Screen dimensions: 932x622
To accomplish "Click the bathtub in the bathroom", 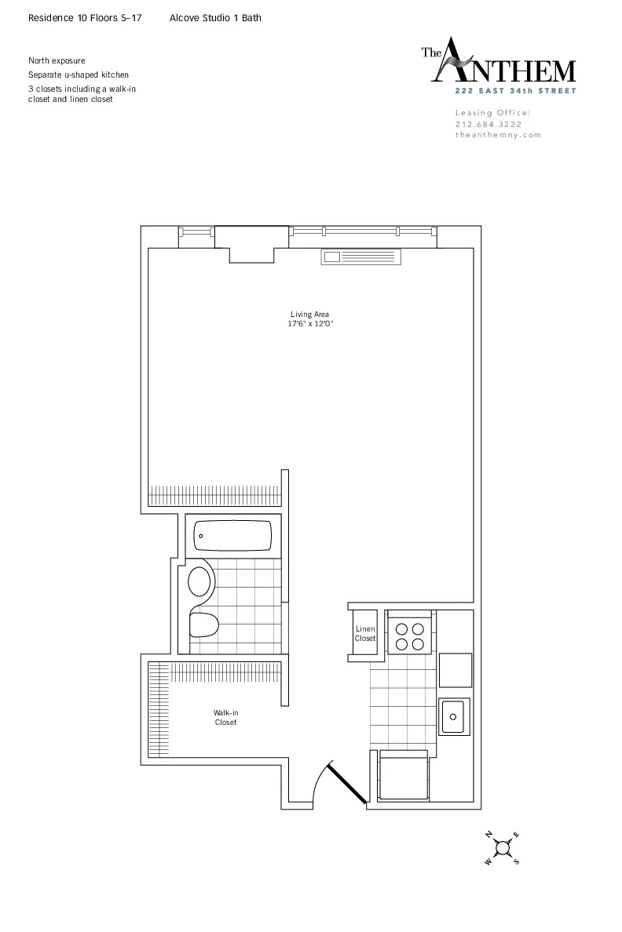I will click(x=232, y=537).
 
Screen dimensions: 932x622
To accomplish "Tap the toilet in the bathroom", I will click(x=204, y=625).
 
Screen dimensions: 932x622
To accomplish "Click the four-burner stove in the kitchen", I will click(x=409, y=635).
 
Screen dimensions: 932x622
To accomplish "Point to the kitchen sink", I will click(x=453, y=715).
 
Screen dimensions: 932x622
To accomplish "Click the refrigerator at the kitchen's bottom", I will click(x=404, y=776).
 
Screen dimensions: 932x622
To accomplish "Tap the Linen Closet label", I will click(x=365, y=634).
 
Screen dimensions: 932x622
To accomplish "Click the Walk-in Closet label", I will click(x=225, y=717).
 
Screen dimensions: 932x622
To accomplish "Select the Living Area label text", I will click(x=309, y=315).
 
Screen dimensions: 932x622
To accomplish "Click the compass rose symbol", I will click(x=503, y=847).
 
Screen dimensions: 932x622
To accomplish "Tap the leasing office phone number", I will click(x=488, y=124).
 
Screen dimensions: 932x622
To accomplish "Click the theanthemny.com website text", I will click(x=499, y=135).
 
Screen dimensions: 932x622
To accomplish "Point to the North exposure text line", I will click(x=57, y=60).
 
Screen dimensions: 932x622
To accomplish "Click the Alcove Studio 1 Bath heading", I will click(x=215, y=17).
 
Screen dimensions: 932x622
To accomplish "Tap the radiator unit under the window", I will click(x=361, y=257).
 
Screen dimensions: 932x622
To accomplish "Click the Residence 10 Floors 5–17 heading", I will click(x=85, y=17).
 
